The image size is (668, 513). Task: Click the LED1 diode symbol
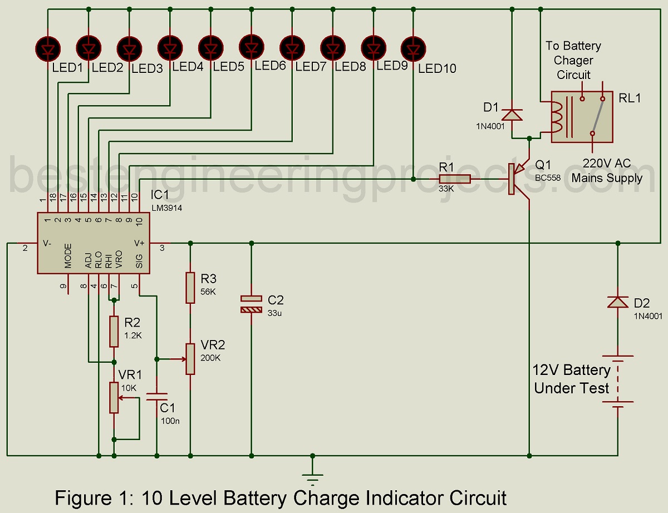click(x=48, y=48)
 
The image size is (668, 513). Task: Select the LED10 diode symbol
click(x=413, y=48)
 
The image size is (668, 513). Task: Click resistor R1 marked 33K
click(x=455, y=179)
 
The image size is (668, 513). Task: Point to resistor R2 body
click(x=114, y=331)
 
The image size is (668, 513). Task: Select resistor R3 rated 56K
click(x=190, y=288)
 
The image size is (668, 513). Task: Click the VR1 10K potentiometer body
click(x=114, y=397)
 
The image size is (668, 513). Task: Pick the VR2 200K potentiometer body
click(x=190, y=358)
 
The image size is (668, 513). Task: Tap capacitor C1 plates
click(x=157, y=396)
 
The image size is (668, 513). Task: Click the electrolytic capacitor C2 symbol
click(x=251, y=303)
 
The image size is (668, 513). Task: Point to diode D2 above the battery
click(x=618, y=302)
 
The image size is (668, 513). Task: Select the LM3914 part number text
click(x=166, y=208)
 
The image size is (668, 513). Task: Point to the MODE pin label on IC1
click(x=68, y=256)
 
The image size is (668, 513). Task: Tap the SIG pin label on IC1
click(x=139, y=260)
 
